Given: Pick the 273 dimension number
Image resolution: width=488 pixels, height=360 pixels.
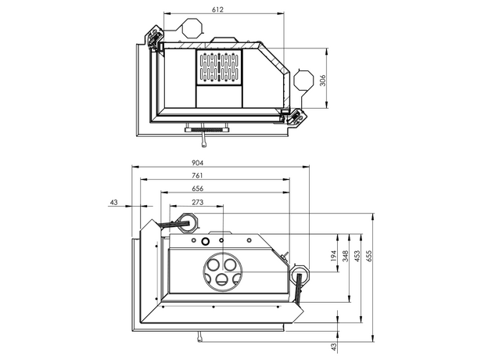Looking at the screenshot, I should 197,202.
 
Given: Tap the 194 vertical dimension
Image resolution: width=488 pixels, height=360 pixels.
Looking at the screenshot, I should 334,256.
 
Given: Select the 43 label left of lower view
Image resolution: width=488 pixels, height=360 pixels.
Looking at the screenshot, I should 114,202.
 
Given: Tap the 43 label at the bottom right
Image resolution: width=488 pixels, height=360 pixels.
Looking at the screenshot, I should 334,345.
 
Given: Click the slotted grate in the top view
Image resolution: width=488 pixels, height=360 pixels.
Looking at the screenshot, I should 219,67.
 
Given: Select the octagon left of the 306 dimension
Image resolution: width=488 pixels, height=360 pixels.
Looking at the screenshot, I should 303,80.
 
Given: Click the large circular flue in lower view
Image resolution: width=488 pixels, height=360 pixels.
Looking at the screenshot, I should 221,271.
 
